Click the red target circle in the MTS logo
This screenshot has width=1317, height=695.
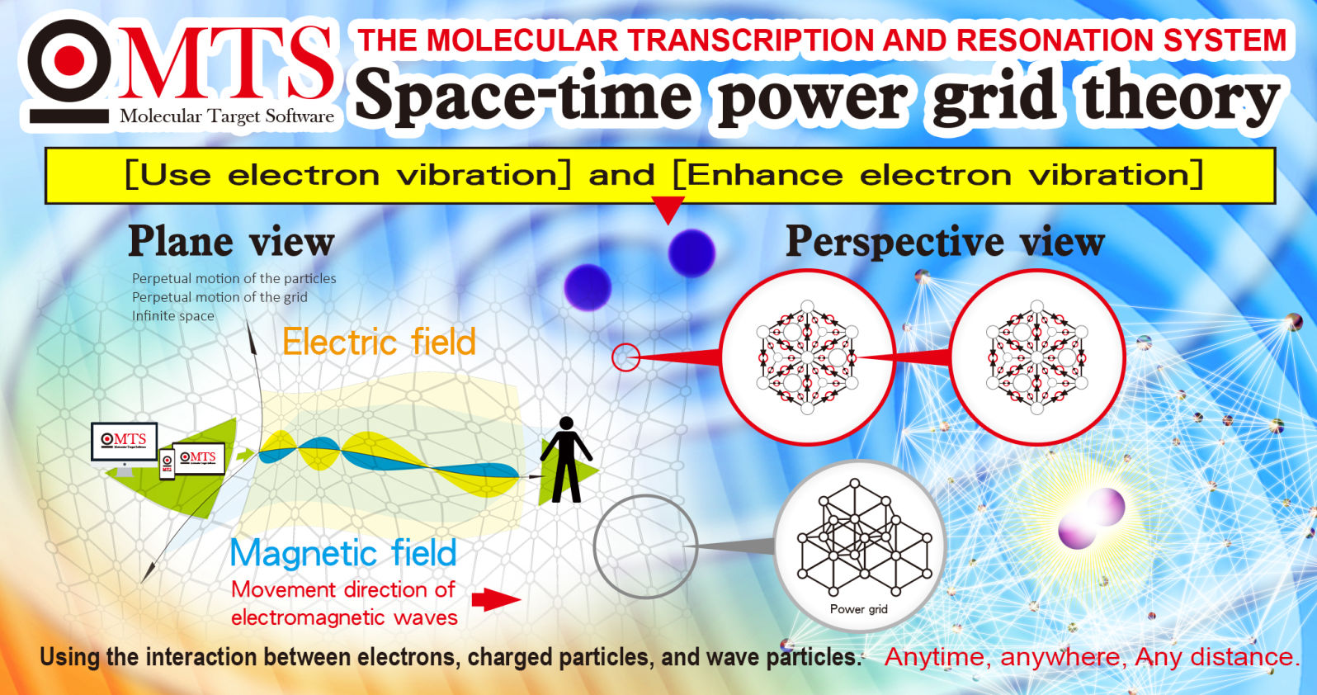pyautogui.click(x=69, y=60)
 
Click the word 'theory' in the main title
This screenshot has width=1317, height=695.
pyautogui.click(x=1181, y=98)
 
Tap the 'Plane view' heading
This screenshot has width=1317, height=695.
pyautogui.click(x=232, y=242)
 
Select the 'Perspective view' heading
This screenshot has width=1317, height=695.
pyautogui.click(x=946, y=242)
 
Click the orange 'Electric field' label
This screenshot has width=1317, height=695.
pyautogui.click(x=380, y=342)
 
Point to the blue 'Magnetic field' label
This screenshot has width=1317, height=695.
pyautogui.click(x=343, y=553)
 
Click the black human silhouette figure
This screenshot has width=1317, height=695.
pyautogui.click(x=566, y=459)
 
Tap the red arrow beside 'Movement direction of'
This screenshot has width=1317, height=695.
pyautogui.click(x=496, y=600)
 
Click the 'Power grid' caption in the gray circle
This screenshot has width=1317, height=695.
pyautogui.click(x=858, y=609)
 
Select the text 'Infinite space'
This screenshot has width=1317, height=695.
pyautogui.click(x=172, y=316)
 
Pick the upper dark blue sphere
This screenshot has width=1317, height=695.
pyautogui.click(x=692, y=253)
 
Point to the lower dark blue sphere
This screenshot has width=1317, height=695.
pyautogui.click(x=588, y=287)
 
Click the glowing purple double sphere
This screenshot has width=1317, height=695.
pyautogui.click(x=1092, y=518)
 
